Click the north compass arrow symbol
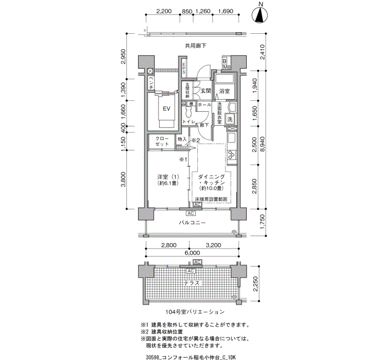[260, 16]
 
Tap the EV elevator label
[165, 109]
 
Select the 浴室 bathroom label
[224, 90]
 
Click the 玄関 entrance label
[205, 90]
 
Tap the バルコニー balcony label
[192, 223]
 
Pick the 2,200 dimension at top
[163, 11]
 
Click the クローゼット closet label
[162, 141]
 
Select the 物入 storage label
[182, 140]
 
